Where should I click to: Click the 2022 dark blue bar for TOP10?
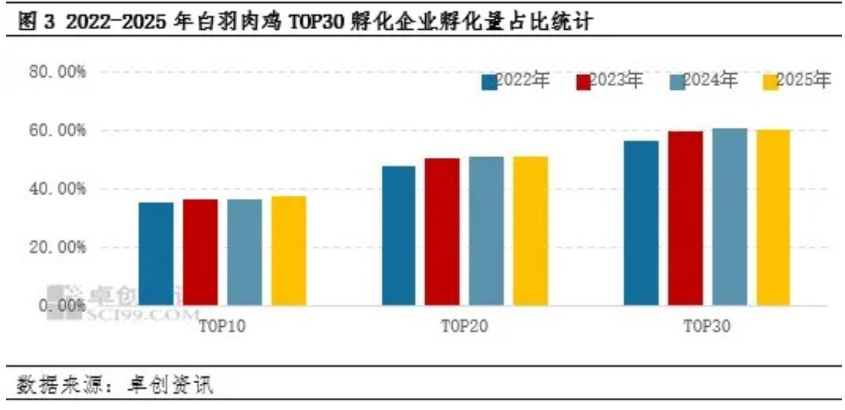pos(156,254)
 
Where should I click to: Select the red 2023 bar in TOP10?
pos(200,252)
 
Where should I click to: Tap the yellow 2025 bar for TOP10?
pos(288,251)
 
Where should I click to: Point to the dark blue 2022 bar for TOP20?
pos(398,235)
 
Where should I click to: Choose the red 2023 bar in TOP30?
pos(686,218)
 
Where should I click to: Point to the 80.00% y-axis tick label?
pos(58,73)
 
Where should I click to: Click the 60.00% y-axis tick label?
pos(58,131)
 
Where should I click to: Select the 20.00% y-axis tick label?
pos(58,248)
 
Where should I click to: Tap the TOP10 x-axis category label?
pos(222,327)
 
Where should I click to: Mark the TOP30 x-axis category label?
pos(707,327)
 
